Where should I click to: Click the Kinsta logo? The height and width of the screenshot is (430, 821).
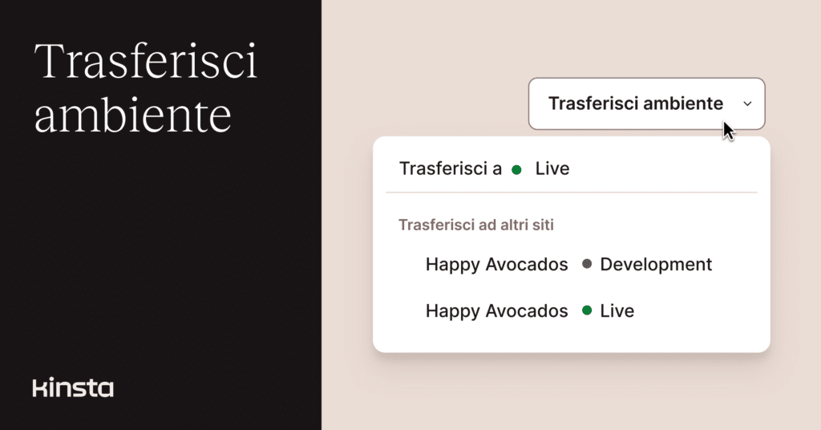73,387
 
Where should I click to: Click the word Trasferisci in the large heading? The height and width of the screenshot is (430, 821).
146,61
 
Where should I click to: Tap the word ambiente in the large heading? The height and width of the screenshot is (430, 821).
132,115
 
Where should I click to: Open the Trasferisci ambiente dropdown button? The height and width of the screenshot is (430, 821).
647,103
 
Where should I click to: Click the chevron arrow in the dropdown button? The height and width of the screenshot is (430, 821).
748,103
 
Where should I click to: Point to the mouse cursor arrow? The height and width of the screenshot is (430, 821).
728,131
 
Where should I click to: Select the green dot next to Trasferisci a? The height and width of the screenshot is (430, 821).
516,170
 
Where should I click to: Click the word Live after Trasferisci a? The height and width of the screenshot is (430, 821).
552,168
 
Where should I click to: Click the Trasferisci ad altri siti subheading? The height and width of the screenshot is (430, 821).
476,225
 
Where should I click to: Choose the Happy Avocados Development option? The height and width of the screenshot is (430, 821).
568,265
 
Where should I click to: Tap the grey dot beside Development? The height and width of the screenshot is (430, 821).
587,264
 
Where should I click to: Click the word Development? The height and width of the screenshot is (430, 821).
656,265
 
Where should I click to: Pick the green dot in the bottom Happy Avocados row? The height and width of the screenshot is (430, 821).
587,310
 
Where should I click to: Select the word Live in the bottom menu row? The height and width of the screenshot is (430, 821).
617,311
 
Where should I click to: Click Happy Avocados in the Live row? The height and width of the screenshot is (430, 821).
496,311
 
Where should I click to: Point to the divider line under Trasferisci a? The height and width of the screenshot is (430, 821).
571,193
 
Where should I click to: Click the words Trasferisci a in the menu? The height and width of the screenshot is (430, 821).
451,168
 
